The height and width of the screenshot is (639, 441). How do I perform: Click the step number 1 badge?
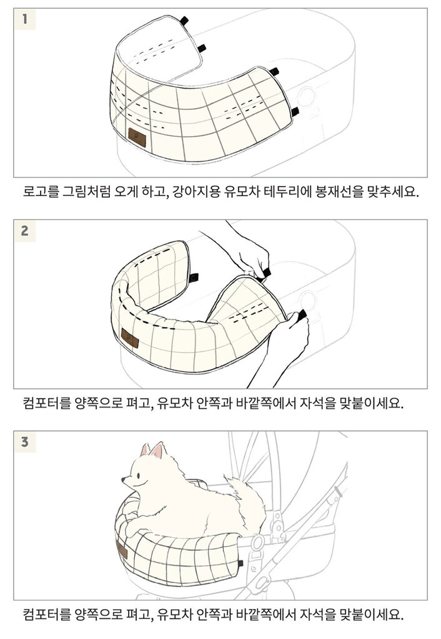coord(25,19)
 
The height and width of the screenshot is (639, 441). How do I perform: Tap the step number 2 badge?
coord(25,231)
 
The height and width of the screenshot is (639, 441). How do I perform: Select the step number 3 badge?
coord(25,442)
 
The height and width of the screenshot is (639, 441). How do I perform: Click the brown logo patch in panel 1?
coord(137,137)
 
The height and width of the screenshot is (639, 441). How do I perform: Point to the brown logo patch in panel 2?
coord(130,338)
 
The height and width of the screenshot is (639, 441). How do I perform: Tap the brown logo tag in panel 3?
coord(122,550)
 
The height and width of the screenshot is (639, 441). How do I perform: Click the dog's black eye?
coord(139,475)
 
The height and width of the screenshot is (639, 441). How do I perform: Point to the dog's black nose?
coord(123,479)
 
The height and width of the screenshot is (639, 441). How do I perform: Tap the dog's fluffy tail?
coord(245,505)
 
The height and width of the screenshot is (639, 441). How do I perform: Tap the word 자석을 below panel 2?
coord(318,403)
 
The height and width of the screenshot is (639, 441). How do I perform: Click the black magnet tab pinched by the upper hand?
coord(265,273)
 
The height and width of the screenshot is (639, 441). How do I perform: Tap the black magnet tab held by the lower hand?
coord(302,315)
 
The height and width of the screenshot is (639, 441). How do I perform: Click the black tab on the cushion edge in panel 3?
coord(240,563)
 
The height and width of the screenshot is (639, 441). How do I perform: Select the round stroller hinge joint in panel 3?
coord(258,542)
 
